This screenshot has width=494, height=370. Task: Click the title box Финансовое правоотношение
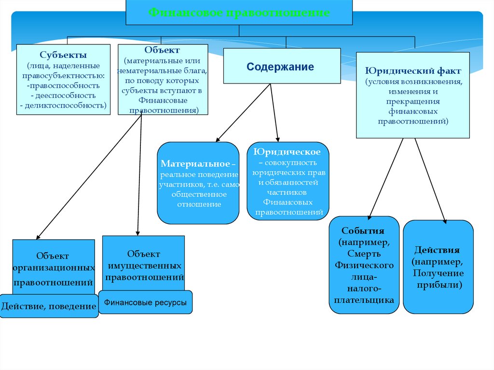(x=239, y=13)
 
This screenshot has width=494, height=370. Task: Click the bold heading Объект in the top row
(x=162, y=50)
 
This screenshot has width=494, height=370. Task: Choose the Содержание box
(x=280, y=67)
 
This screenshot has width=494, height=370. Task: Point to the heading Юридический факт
(x=413, y=71)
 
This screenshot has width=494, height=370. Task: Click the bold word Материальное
(x=195, y=164)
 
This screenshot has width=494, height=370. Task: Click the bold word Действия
(x=437, y=250)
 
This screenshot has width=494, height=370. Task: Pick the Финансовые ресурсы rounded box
(x=145, y=302)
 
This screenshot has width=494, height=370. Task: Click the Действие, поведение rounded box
(x=49, y=306)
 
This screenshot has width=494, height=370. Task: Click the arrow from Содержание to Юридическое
(x=274, y=112)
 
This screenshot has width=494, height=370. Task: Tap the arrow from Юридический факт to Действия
(x=430, y=179)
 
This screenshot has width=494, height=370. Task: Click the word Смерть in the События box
(x=364, y=254)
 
